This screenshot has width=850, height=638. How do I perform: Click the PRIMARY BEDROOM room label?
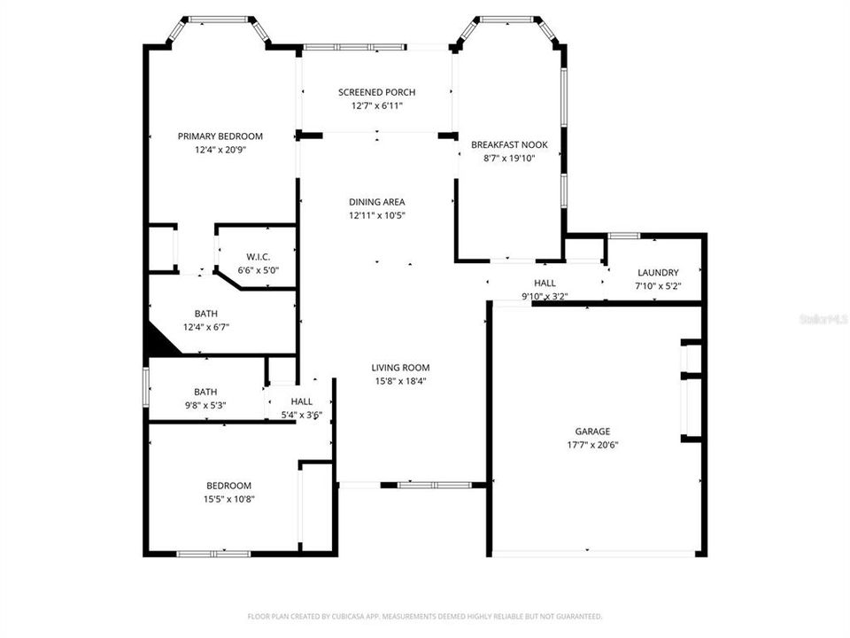220,136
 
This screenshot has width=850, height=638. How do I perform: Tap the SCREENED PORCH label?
376,92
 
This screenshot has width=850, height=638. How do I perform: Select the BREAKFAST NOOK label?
509,144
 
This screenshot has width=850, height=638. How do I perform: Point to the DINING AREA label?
376,202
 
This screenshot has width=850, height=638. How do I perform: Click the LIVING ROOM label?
400,368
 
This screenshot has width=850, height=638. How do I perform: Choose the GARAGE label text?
592,432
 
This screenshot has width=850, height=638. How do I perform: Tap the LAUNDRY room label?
657,273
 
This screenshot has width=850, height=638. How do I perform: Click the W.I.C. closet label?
258,257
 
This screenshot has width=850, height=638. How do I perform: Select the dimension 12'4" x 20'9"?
220,151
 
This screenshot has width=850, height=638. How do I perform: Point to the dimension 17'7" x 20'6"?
592,445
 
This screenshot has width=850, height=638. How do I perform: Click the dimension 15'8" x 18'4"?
400,382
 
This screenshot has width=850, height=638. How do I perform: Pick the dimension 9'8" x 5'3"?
205,406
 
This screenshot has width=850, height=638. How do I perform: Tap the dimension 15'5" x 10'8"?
228,499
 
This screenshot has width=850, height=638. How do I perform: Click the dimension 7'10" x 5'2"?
657,286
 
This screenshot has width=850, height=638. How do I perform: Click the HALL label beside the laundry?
545,283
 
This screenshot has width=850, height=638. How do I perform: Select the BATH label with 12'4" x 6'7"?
205,314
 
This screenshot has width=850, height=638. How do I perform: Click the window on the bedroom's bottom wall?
212,554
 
